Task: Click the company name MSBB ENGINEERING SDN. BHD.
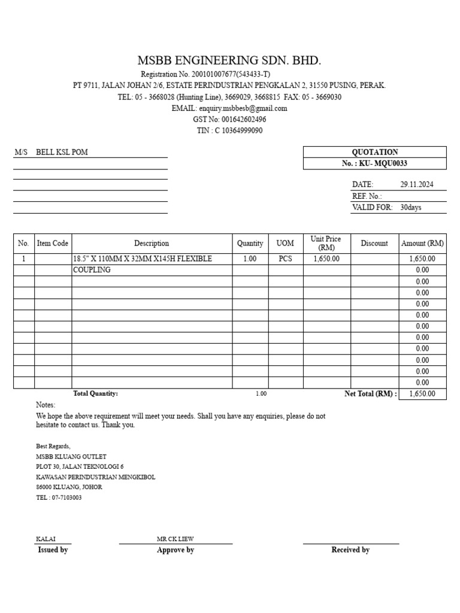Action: (229, 60)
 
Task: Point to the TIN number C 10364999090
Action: (238, 131)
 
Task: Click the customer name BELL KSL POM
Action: (62, 152)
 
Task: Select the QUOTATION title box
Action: (375, 152)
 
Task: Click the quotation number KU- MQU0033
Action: (383, 163)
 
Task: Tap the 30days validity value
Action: (411, 208)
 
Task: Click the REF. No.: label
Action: (367, 196)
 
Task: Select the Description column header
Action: (152, 243)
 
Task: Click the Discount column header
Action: (374, 243)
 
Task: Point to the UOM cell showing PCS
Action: (286, 259)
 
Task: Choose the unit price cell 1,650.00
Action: (326, 259)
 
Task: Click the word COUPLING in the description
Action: (92, 270)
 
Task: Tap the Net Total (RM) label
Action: (370, 394)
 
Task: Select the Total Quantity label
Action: (95, 393)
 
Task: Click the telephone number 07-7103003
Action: (66, 497)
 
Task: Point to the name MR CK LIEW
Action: (175, 539)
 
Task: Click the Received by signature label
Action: (350, 550)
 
